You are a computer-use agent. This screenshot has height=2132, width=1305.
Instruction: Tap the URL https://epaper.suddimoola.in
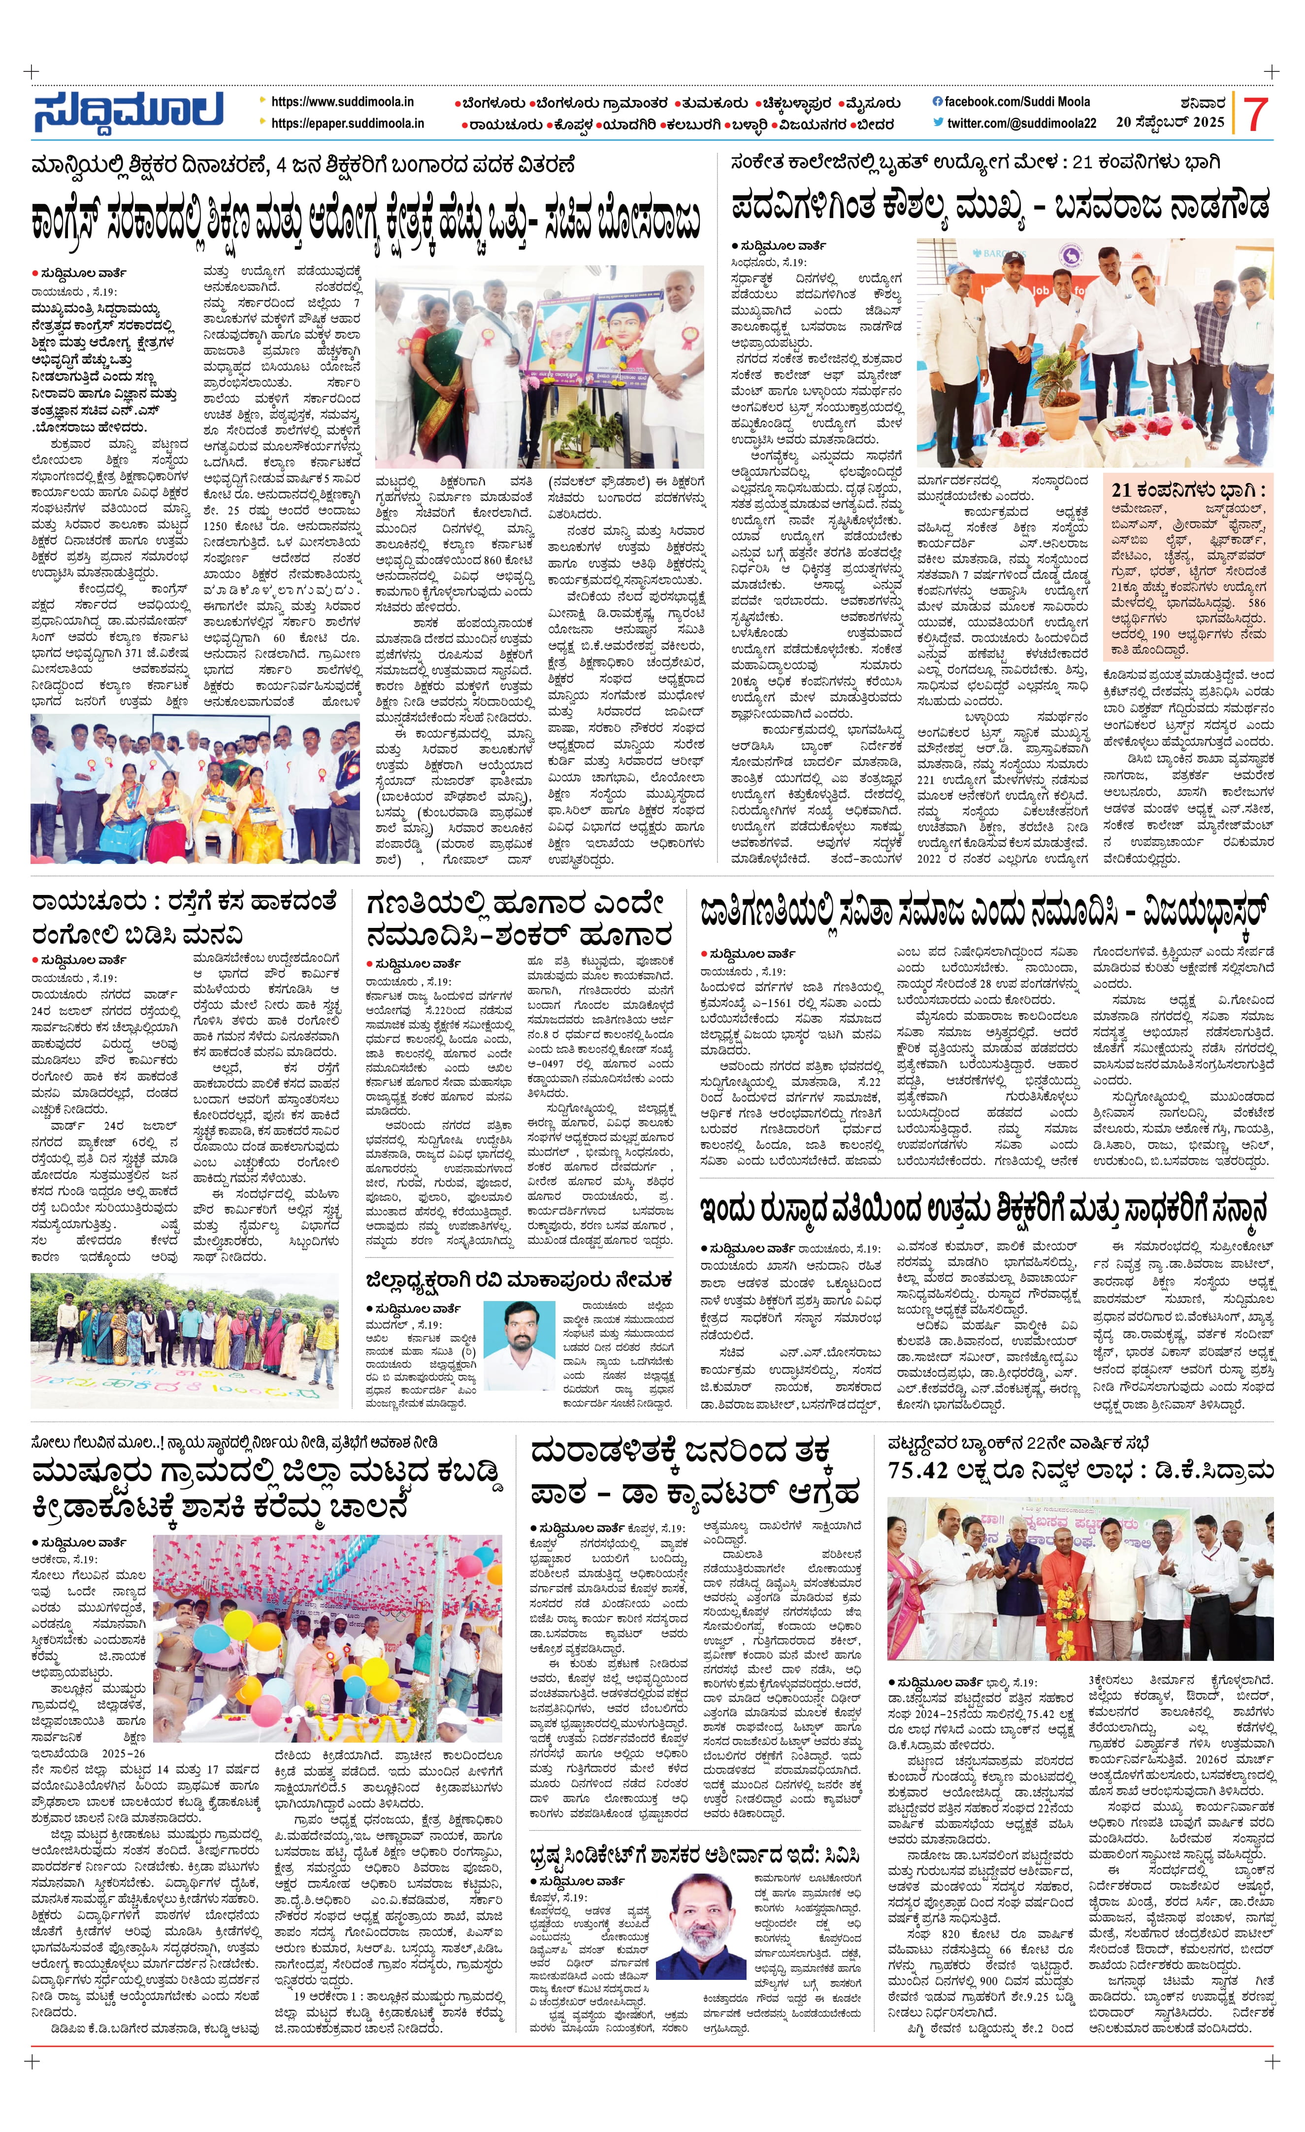[x=347, y=124]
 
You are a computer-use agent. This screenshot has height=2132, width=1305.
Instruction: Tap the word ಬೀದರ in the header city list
[x=876, y=125]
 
